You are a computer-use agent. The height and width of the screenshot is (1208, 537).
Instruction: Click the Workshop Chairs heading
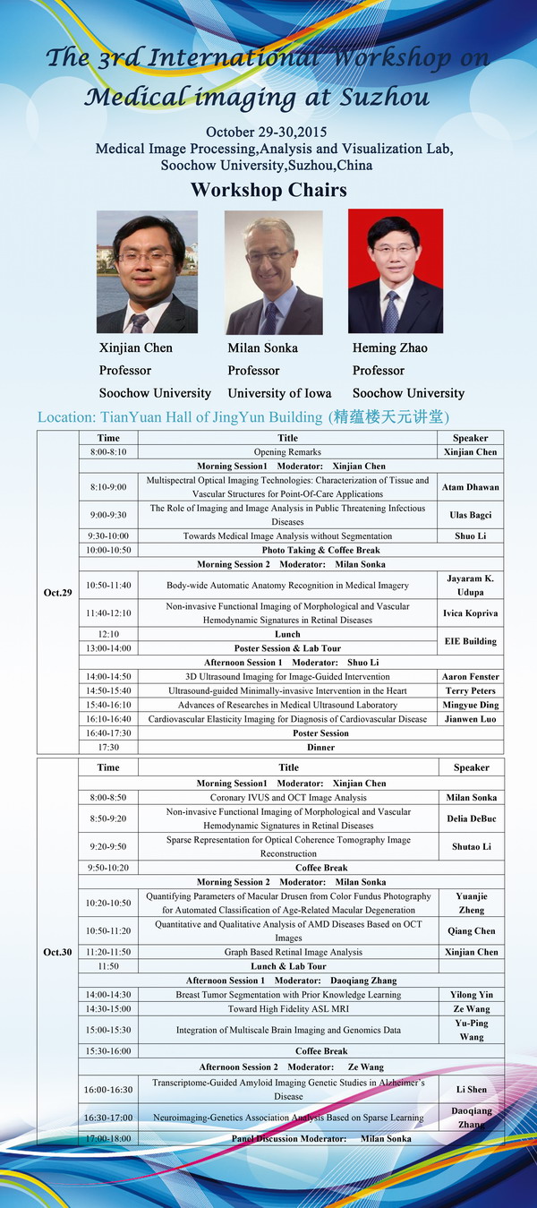(x=268, y=190)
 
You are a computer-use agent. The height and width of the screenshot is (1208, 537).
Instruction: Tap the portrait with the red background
(x=395, y=271)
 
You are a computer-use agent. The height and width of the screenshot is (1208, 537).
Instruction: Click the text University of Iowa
(x=279, y=392)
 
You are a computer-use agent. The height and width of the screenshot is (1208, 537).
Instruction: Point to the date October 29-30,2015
(x=268, y=132)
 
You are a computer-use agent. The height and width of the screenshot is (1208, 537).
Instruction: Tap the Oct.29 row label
(x=57, y=593)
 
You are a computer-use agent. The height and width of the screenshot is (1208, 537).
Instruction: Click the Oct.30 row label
(x=57, y=952)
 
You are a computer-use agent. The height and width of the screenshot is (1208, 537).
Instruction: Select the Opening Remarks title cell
(x=287, y=452)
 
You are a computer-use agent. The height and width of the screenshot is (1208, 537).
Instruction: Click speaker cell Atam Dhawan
(x=470, y=487)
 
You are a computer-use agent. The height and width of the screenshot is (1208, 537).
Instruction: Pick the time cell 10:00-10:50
(x=108, y=550)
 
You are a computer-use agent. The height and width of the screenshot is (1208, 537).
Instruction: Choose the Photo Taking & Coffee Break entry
(x=320, y=550)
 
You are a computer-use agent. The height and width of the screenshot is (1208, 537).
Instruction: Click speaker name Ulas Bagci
(x=470, y=515)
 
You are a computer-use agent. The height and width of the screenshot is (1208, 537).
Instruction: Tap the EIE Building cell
(x=470, y=641)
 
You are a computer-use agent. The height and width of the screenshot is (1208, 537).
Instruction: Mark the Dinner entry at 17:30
(x=321, y=747)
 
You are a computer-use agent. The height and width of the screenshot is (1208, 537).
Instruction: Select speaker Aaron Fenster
(x=470, y=676)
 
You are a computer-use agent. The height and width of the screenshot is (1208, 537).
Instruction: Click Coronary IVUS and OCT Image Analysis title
(x=287, y=797)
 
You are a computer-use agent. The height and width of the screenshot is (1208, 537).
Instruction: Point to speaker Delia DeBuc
(x=470, y=818)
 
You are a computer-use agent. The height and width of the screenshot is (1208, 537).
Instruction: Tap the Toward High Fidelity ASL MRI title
(x=287, y=1008)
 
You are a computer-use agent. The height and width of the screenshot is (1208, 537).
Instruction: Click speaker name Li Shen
(x=470, y=1089)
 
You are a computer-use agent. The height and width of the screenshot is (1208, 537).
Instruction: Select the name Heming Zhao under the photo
(x=390, y=347)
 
